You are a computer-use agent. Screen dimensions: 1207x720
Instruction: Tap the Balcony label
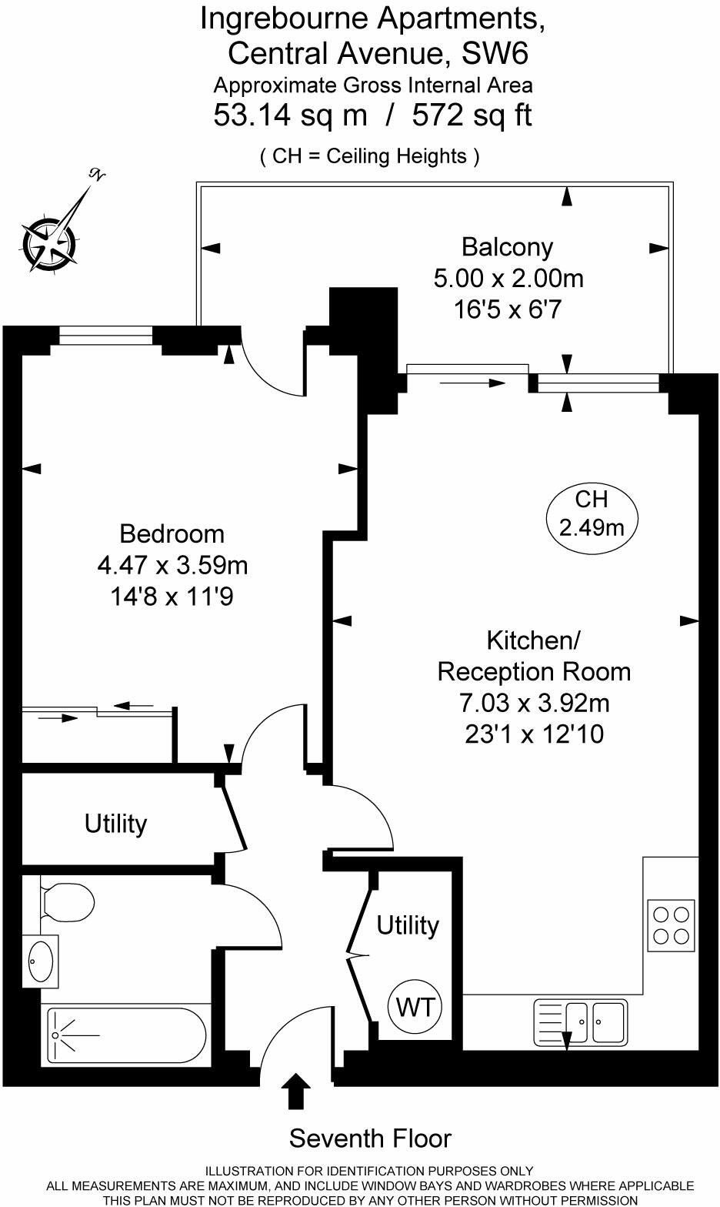pos(507,247)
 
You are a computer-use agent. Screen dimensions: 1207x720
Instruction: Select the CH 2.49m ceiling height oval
pos(591,513)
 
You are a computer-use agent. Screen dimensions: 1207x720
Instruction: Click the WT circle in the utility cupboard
pos(415,1007)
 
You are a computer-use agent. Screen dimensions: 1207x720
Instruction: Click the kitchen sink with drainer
pos(579,1021)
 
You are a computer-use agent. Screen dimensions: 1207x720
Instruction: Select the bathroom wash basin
pos(40,961)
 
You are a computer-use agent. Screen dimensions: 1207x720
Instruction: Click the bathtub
pos(126,1036)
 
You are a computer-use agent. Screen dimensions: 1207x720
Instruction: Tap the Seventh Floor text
pos(370,1138)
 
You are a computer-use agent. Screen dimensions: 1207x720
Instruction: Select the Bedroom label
pos(172,533)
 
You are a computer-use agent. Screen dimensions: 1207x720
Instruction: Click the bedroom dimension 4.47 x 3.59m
pos(172,565)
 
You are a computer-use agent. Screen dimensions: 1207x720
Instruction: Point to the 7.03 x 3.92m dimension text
pos(534,703)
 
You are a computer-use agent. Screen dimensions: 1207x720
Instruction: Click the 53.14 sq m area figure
pos(290,115)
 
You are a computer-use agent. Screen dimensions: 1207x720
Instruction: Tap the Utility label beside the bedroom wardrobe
pos(115,824)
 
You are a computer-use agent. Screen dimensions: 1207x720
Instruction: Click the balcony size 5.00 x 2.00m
pos(508,278)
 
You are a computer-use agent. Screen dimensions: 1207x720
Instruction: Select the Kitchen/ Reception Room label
pos(534,656)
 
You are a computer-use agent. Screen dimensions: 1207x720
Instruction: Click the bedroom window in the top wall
pos(106,336)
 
